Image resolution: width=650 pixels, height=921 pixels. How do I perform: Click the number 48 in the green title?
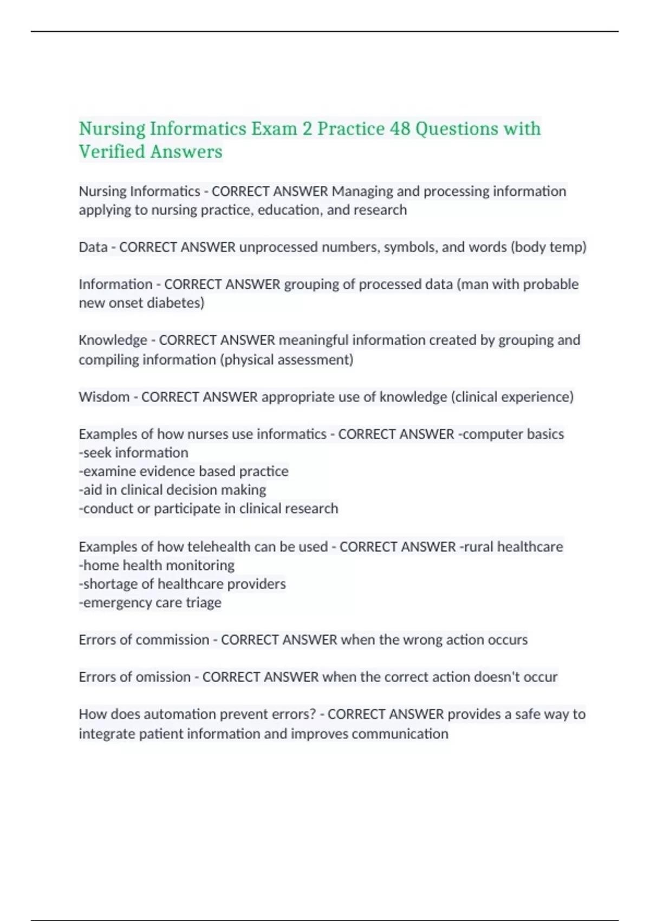tap(400, 129)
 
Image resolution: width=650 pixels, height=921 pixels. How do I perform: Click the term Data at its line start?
tap(93, 247)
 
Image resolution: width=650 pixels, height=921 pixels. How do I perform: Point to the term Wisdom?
tap(104, 397)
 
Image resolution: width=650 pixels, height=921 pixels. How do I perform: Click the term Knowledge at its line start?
tap(113, 340)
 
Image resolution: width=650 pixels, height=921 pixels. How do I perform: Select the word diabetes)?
tap(180, 303)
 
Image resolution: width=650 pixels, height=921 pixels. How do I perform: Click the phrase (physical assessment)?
tap(286, 360)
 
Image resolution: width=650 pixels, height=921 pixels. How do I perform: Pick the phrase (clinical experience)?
tap(512, 397)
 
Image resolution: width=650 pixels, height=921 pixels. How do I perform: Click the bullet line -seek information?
tap(134, 453)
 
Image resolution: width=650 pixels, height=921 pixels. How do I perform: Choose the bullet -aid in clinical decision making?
tap(172, 490)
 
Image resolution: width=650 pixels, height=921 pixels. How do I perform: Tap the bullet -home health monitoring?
tap(157, 566)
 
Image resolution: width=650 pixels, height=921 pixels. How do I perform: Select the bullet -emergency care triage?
tap(150, 603)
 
